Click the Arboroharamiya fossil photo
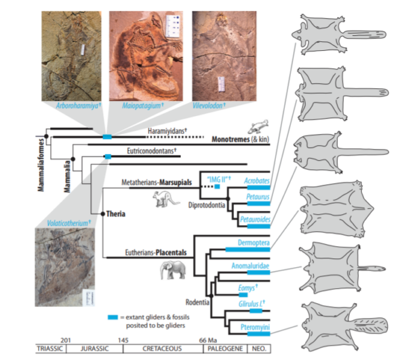click(71, 56)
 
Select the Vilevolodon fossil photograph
click(224, 56)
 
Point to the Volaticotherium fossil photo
click(65, 267)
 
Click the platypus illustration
click(258, 127)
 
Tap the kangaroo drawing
click(165, 199)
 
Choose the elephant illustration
click(173, 271)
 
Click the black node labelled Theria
click(103, 214)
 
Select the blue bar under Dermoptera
click(247, 249)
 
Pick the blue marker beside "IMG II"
click(217, 186)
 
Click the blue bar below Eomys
click(243, 295)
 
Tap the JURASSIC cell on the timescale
click(94, 348)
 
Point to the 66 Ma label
click(208, 340)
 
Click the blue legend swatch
click(113, 317)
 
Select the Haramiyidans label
click(167, 131)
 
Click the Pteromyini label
click(255, 327)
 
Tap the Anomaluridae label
click(250, 266)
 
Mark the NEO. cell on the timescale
click(259, 348)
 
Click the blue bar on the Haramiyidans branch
click(107, 137)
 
